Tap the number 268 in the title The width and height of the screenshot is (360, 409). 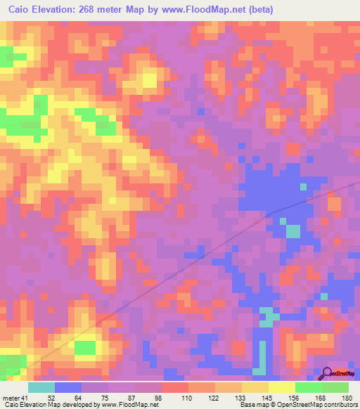tap(87, 9)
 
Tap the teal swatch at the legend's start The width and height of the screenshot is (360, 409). tap(41, 388)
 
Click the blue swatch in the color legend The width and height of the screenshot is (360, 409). tap(67, 388)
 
